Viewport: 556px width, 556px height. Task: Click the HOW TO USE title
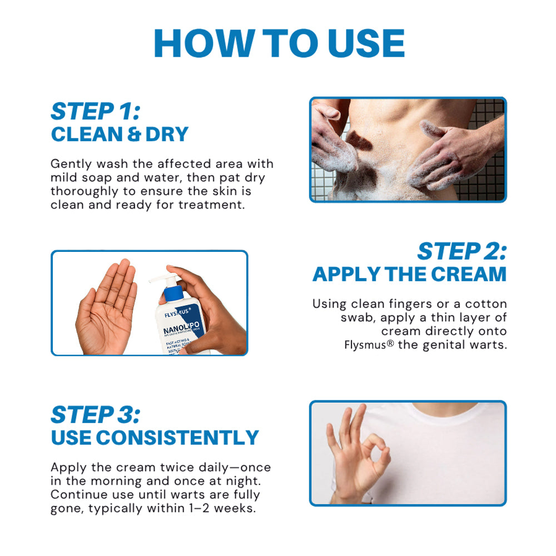279,43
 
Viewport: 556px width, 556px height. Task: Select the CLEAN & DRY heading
120,135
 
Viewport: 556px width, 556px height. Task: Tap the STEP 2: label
461,251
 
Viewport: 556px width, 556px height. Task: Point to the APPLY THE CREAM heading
409,274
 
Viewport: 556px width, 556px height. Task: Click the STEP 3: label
95,415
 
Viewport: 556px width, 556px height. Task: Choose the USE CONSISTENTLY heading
155,438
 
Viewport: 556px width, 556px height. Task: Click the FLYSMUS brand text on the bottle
177,314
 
